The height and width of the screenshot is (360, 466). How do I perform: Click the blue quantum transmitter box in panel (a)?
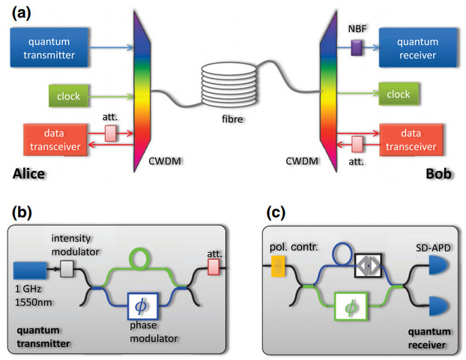(x=50, y=47)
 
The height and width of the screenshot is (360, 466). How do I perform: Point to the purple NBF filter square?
(x=356, y=48)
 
